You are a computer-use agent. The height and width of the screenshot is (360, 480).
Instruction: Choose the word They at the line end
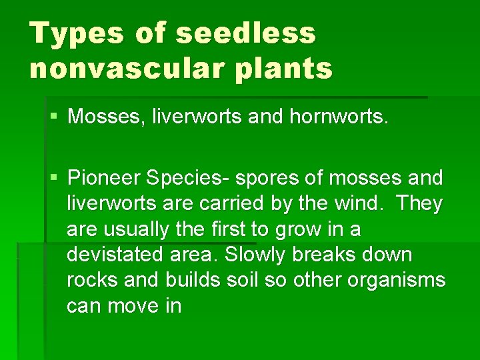click(x=420, y=203)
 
